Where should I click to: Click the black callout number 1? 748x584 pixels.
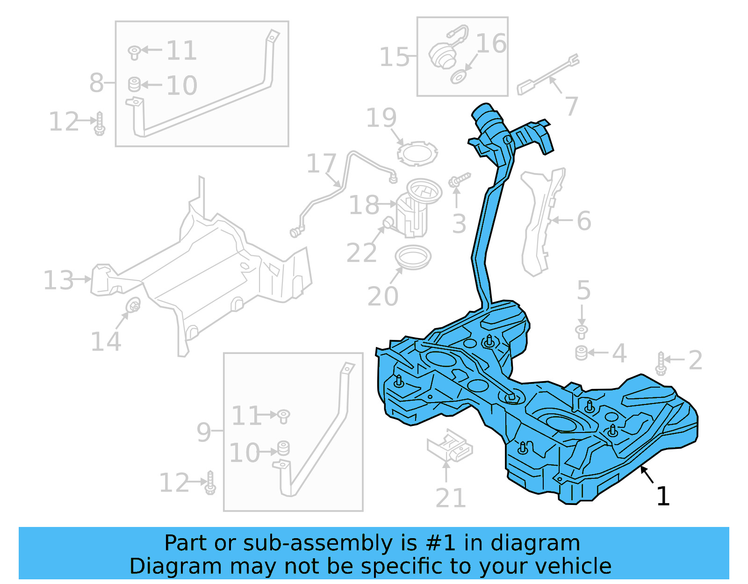click(x=663, y=496)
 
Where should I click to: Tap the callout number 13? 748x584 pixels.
click(x=58, y=281)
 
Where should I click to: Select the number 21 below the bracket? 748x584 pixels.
click(x=451, y=498)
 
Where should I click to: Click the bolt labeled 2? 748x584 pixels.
click(x=661, y=363)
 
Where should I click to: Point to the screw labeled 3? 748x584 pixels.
click(x=459, y=180)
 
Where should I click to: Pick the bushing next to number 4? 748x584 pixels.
click(x=581, y=353)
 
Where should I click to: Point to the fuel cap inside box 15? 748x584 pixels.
click(x=442, y=55)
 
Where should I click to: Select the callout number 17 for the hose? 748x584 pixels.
click(x=321, y=164)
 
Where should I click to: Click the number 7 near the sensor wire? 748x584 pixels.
click(x=571, y=106)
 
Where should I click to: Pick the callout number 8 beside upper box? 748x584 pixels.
click(x=96, y=83)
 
